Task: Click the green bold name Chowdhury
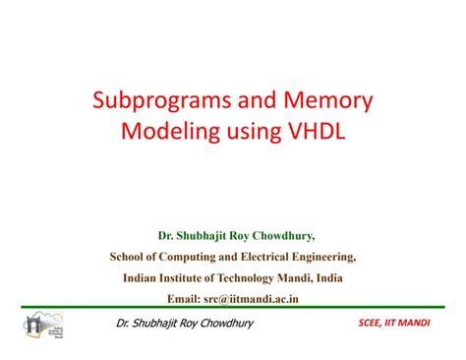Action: coord(291,235)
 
